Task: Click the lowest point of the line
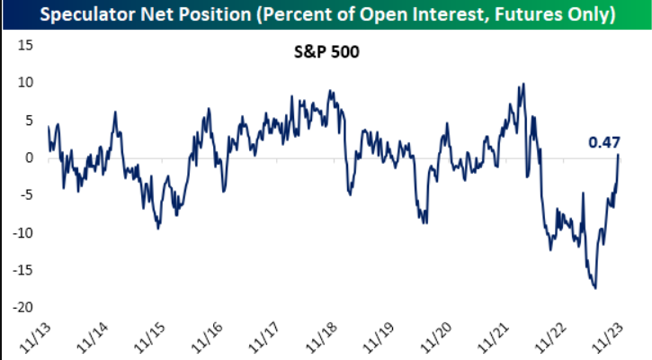595,288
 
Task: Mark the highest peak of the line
522,85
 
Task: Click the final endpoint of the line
620,155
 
